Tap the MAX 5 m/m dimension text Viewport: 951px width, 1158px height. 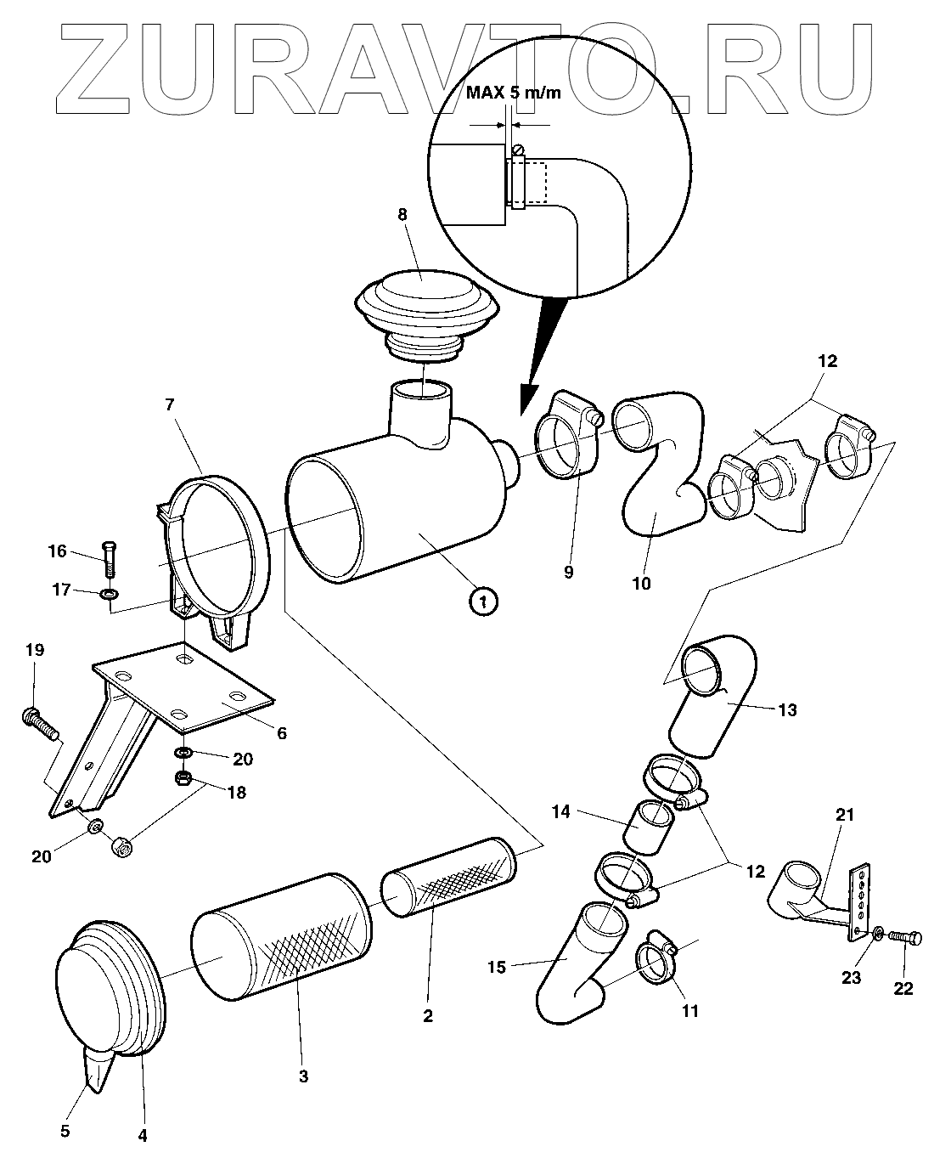[513, 93]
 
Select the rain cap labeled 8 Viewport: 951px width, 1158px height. [422, 303]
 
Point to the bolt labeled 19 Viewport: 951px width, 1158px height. [40, 726]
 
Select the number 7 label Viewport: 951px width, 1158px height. [170, 405]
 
